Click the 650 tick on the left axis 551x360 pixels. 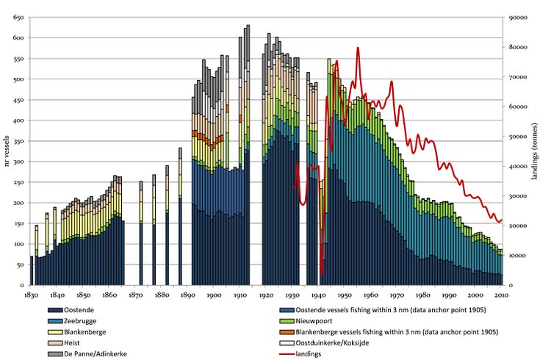18,17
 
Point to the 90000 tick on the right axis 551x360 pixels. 519,17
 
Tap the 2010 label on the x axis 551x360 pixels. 501,295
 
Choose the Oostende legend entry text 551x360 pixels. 85,312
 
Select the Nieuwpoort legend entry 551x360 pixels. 317,322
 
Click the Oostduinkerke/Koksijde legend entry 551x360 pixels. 339,343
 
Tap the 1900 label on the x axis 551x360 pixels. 213,295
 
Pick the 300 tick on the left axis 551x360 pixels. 18,161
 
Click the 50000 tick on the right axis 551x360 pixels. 519,137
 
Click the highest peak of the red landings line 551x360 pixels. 358,48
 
